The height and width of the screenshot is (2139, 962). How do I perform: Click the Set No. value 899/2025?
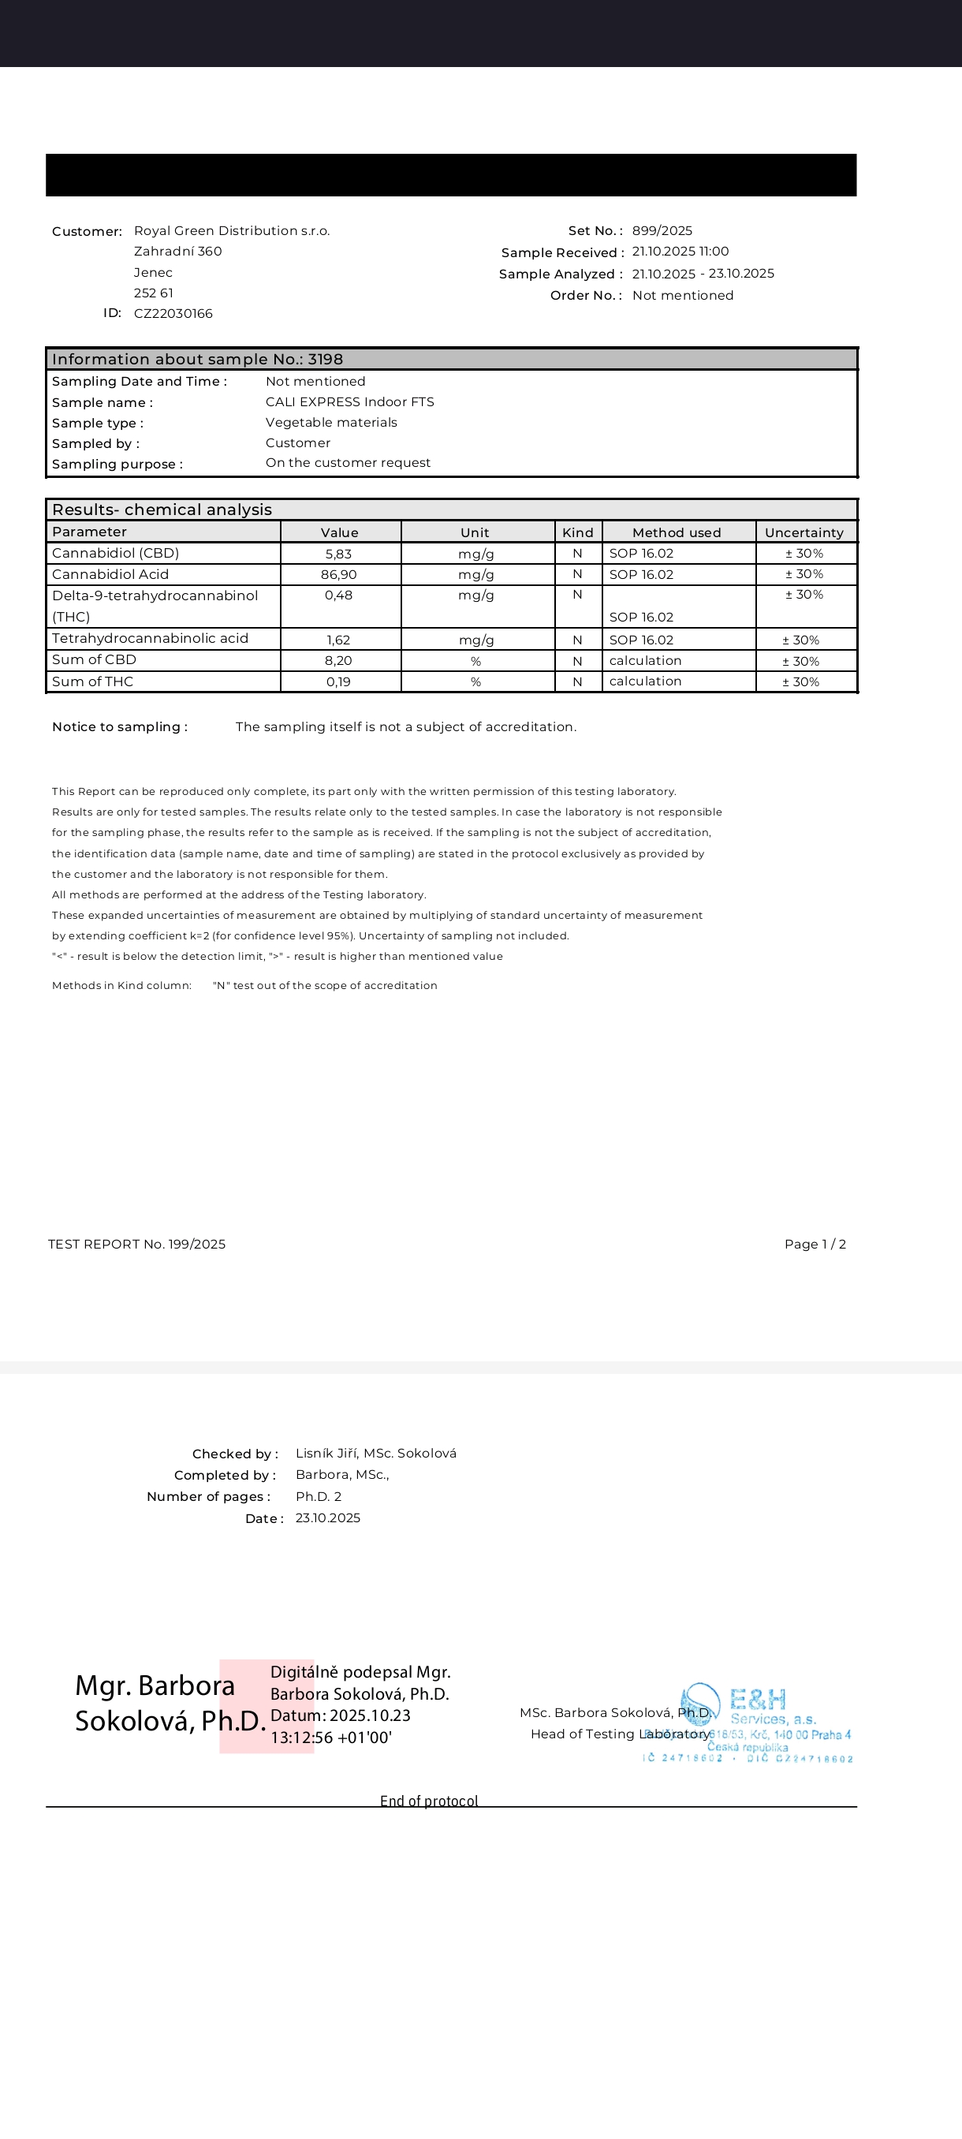(x=662, y=231)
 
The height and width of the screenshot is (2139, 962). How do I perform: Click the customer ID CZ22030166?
(x=173, y=314)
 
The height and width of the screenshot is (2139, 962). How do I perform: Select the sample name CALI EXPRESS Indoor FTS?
(x=349, y=402)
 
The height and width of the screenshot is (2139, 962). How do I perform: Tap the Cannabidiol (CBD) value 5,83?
(x=338, y=554)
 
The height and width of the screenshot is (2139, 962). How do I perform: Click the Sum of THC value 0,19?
(x=338, y=681)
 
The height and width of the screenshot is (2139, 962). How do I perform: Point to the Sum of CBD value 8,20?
(x=338, y=661)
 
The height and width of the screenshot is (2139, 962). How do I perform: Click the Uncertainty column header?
(x=804, y=532)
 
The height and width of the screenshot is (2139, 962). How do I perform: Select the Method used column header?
(x=677, y=532)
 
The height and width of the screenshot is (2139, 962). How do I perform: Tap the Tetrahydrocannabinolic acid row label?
(x=151, y=639)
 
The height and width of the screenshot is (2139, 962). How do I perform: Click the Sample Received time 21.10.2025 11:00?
(x=680, y=252)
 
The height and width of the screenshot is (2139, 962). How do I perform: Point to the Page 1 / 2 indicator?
(x=815, y=1244)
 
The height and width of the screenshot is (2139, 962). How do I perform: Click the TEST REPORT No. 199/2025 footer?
(x=137, y=1244)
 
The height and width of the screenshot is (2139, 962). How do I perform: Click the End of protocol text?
(x=429, y=1800)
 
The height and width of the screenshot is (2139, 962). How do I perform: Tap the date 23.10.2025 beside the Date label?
(x=328, y=1518)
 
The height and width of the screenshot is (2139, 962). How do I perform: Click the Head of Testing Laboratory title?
(x=620, y=1734)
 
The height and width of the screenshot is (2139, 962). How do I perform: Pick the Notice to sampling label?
(x=120, y=727)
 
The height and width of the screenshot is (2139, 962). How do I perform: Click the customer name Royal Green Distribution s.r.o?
(x=232, y=231)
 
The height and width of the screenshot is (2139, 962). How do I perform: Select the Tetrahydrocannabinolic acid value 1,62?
(x=338, y=640)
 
